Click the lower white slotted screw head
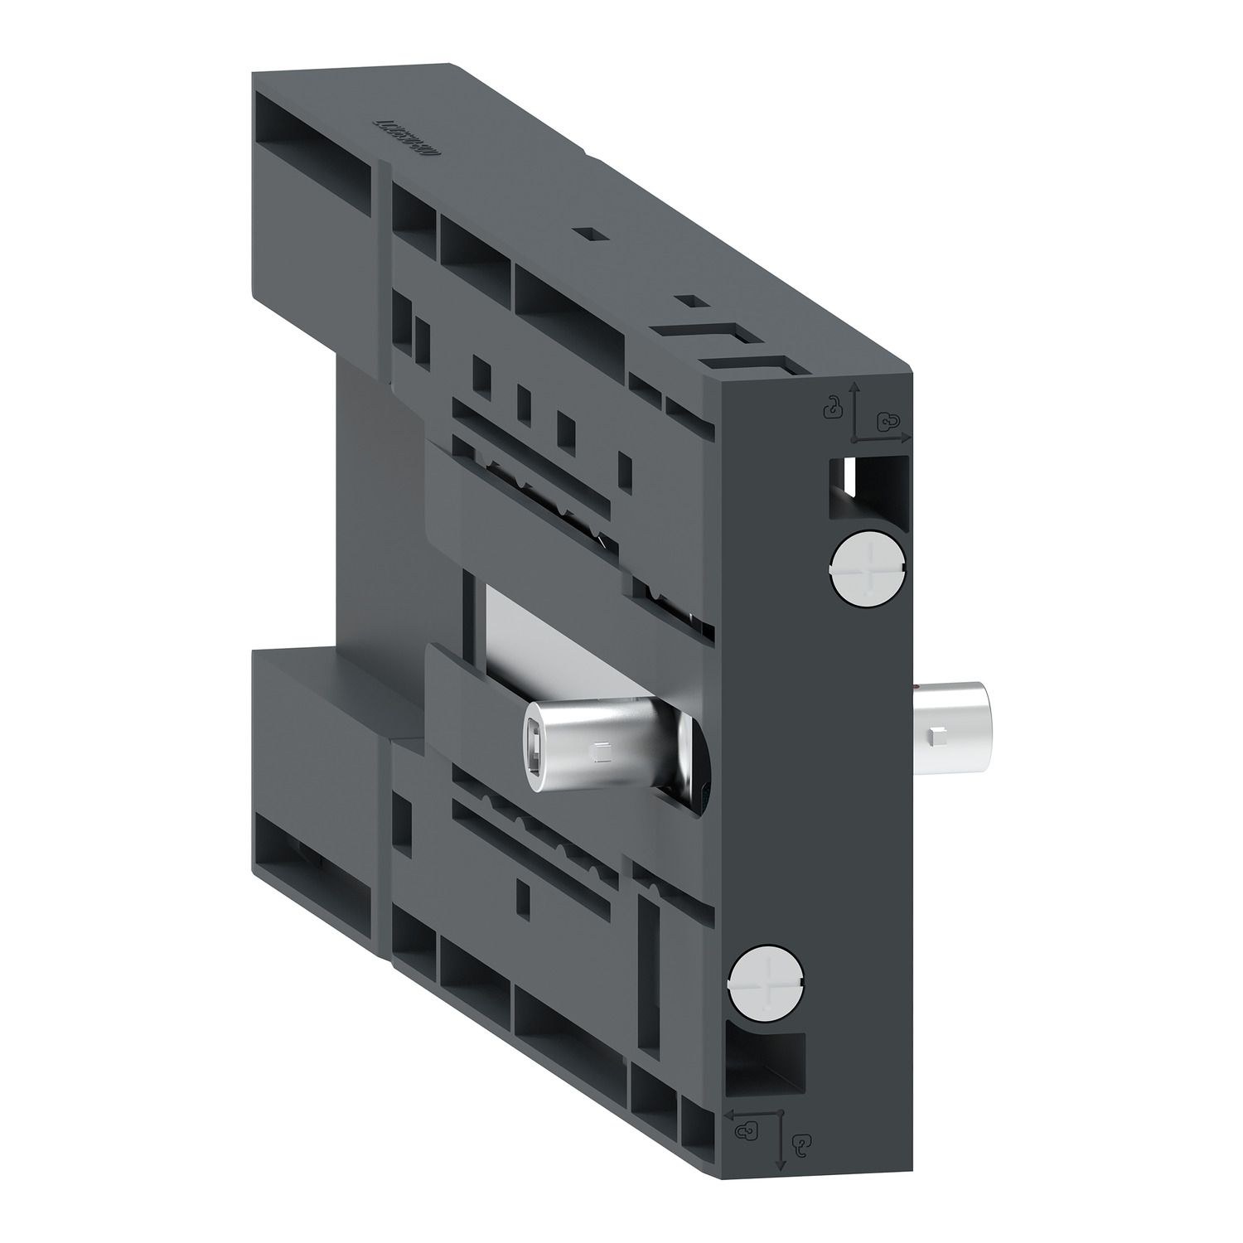[767, 981]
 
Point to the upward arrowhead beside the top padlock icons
[855, 386]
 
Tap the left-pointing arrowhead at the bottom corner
[730, 1115]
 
